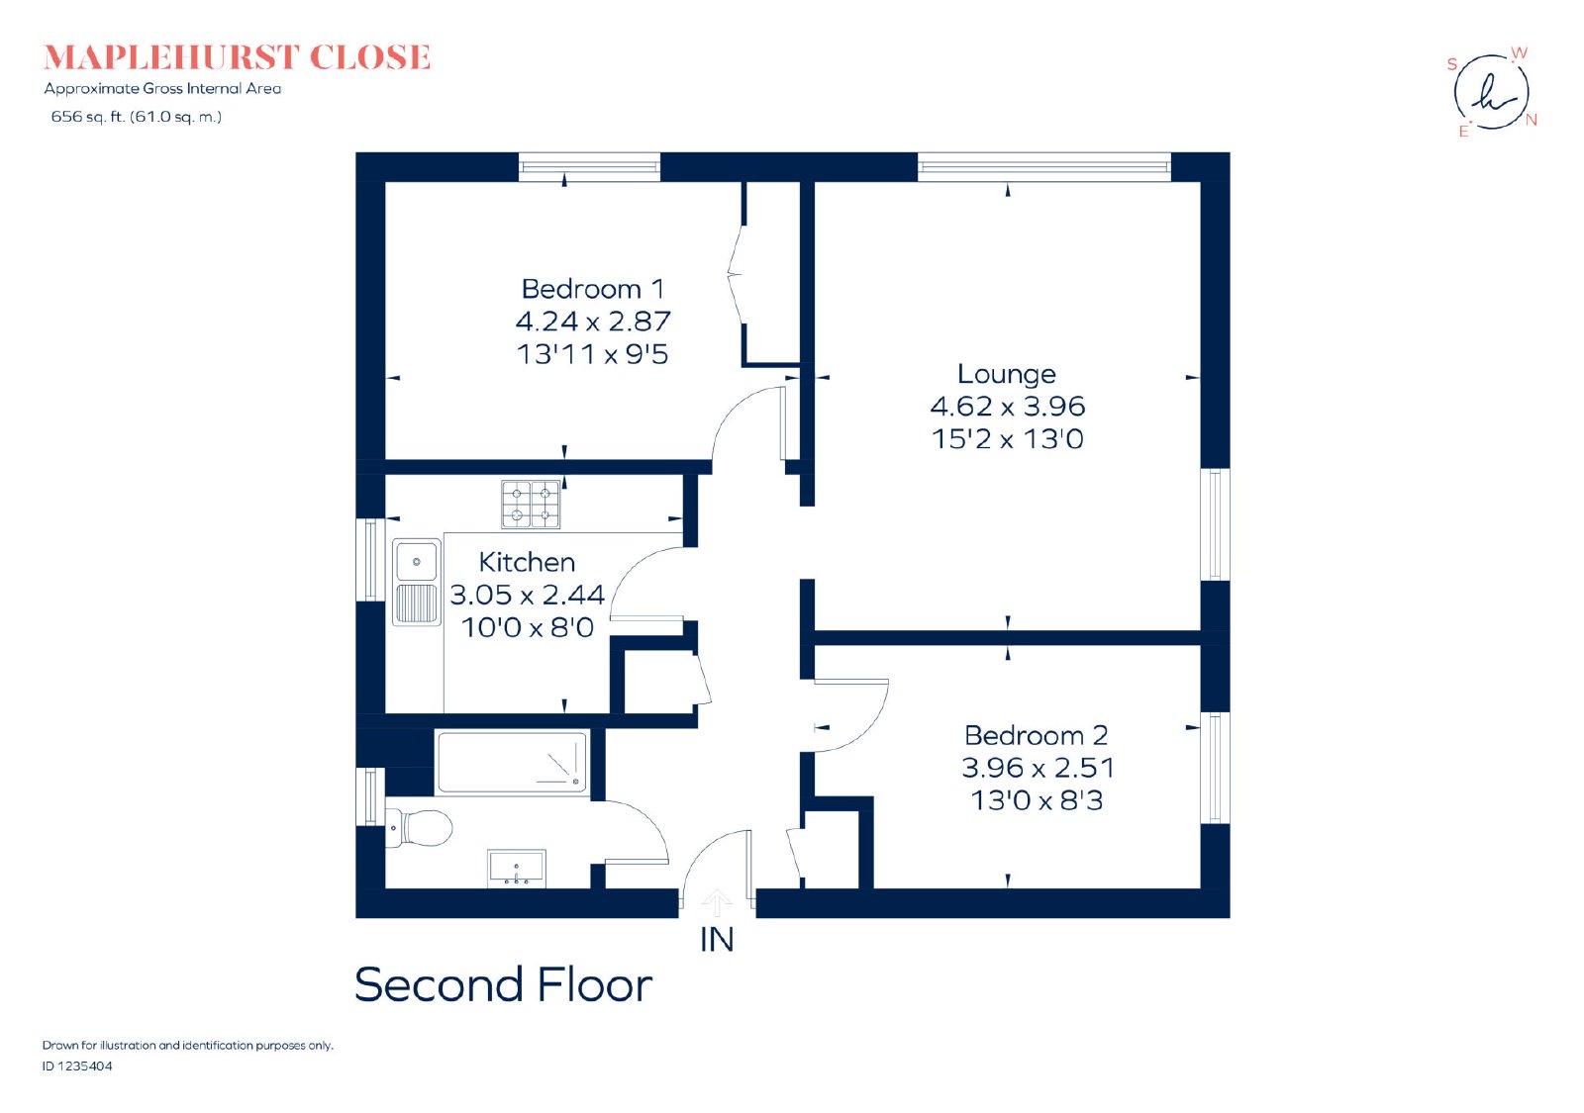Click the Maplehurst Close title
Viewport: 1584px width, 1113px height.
pyautogui.click(x=237, y=58)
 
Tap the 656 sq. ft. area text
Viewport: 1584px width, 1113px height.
pyautogui.click(x=137, y=117)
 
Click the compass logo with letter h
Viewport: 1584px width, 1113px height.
pyautogui.click(x=1491, y=93)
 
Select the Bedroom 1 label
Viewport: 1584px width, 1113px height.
pyautogui.click(x=593, y=289)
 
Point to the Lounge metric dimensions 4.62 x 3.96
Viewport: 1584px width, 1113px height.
pyautogui.click(x=1007, y=407)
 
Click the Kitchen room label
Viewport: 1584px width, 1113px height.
pyautogui.click(x=527, y=563)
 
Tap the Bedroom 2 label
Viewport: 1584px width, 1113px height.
pyautogui.click(x=1036, y=736)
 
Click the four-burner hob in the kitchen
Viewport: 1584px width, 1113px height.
pyautogui.click(x=531, y=505)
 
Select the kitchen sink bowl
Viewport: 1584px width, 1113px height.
pyautogui.click(x=417, y=562)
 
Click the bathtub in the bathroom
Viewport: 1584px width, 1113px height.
pyautogui.click(x=512, y=763)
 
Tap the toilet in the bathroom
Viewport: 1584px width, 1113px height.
pyautogui.click(x=421, y=827)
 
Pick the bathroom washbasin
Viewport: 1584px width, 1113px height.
pyautogui.click(x=517, y=868)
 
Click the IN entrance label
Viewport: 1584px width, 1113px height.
pyautogui.click(x=717, y=939)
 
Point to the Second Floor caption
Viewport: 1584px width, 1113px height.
pyautogui.click(x=503, y=985)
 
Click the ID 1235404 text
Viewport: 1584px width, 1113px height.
pyautogui.click(x=77, y=1067)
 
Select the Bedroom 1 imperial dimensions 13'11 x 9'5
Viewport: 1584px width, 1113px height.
pyautogui.click(x=593, y=354)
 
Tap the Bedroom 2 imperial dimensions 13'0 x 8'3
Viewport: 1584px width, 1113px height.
pyautogui.click(x=1037, y=800)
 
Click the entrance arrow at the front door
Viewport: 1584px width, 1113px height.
pyautogui.click(x=717, y=901)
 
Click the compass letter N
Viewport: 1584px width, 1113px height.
pyautogui.click(x=1531, y=120)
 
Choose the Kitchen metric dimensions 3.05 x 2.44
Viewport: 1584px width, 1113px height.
pyautogui.click(x=528, y=595)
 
